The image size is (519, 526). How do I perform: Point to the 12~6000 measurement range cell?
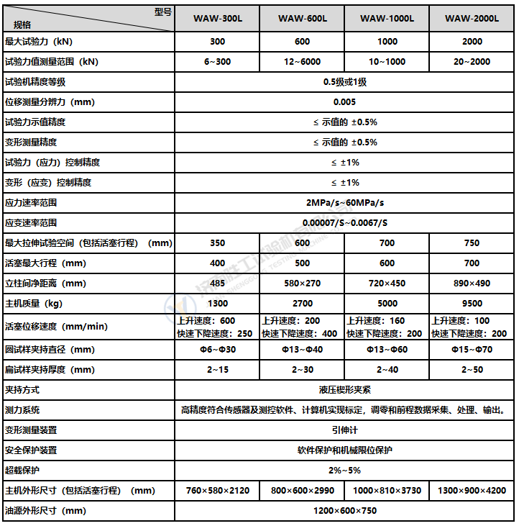(302, 62)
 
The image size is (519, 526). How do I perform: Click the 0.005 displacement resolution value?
(345, 102)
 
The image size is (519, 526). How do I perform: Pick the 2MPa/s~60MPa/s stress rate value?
(345, 203)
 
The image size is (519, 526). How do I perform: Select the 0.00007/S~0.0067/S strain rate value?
(345, 223)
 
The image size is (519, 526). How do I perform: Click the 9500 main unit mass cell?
(472, 304)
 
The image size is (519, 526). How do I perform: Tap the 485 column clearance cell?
(217, 284)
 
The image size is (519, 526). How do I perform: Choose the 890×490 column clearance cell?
(472, 284)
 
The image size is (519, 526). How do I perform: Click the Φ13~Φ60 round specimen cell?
(387, 350)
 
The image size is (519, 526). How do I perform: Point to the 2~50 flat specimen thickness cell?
(472, 370)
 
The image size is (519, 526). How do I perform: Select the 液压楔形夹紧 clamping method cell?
(345, 390)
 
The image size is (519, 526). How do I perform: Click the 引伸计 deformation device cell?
(345, 430)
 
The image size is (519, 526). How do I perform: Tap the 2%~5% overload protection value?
(345, 471)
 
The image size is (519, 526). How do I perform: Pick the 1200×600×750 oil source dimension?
(345, 511)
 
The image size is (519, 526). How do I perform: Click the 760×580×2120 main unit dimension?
(217, 491)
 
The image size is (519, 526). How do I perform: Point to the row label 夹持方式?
(22, 390)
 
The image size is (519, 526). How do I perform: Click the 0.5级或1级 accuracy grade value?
(345, 82)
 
